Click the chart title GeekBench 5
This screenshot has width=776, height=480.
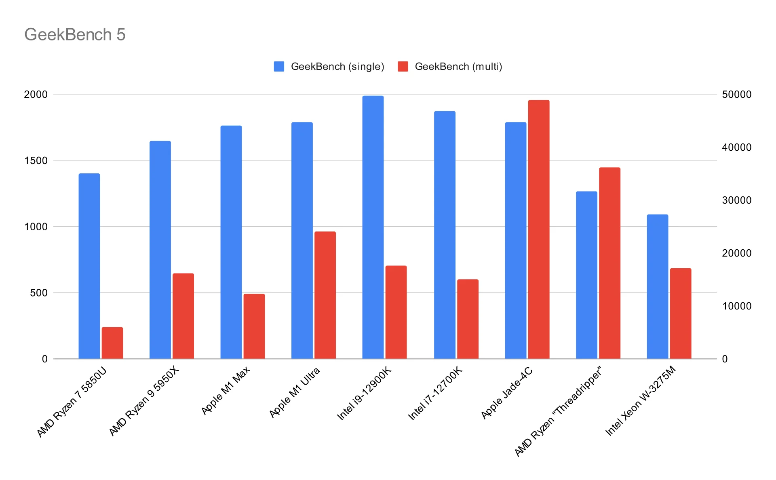pos(75,35)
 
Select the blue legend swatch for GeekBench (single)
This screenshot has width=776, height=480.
pos(279,67)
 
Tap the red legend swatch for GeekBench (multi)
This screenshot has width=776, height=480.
pos(403,67)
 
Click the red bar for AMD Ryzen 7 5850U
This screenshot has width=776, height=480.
pos(112,343)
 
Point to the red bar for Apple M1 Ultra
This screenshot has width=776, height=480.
pos(325,295)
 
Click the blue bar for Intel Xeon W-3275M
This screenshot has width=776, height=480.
pos(657,286)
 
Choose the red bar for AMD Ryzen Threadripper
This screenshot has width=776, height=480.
pos(609,263)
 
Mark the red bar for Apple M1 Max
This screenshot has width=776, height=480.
pos(254,326)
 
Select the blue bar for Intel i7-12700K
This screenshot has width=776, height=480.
pos(445,235)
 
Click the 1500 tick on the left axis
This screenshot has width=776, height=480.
pos(36,161)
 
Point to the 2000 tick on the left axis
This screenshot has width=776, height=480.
pos(36,95)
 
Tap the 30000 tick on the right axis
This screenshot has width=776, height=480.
pos(736,200)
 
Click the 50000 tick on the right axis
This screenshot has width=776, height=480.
pos(736,95)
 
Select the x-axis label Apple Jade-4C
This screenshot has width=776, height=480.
pos(507,393)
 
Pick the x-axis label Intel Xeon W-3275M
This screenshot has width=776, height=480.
pos(640,401)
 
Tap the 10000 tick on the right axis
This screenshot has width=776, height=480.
pos(736,306)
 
